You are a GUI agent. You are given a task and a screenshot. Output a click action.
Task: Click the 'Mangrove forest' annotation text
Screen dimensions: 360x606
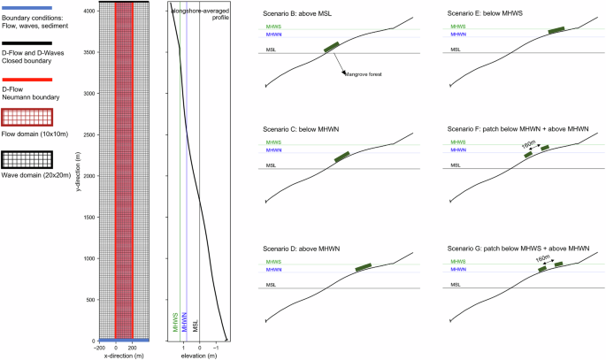point(365,77)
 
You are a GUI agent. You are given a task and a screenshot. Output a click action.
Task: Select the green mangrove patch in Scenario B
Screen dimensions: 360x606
point(331,48)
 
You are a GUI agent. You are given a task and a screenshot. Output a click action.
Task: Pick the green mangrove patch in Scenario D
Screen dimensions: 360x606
point(363,267)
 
